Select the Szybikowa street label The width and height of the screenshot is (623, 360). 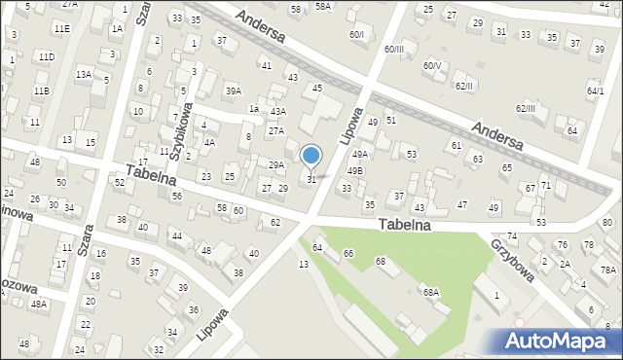click(179, 130)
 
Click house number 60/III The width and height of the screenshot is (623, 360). click(394, 49)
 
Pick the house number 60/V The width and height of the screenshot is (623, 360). click(432, 65)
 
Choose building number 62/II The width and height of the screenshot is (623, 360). click(464, 86)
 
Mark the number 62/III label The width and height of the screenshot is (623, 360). click(526, 108)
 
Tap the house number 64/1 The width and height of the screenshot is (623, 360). click(595, 90)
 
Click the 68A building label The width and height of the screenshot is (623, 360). click(430, 292)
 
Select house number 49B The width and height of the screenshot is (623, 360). click(355, 170)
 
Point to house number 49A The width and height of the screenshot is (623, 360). click(360, 154)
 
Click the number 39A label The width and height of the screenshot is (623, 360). click(233, 90)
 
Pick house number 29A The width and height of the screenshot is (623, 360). click(276, 164)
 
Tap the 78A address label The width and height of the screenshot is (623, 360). click(608, 270)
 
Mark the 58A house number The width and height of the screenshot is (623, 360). click(323, 6)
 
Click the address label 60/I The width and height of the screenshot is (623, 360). click(357, 34)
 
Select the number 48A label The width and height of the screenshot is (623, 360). click(39, 304)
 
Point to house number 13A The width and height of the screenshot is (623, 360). click(84, 74)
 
